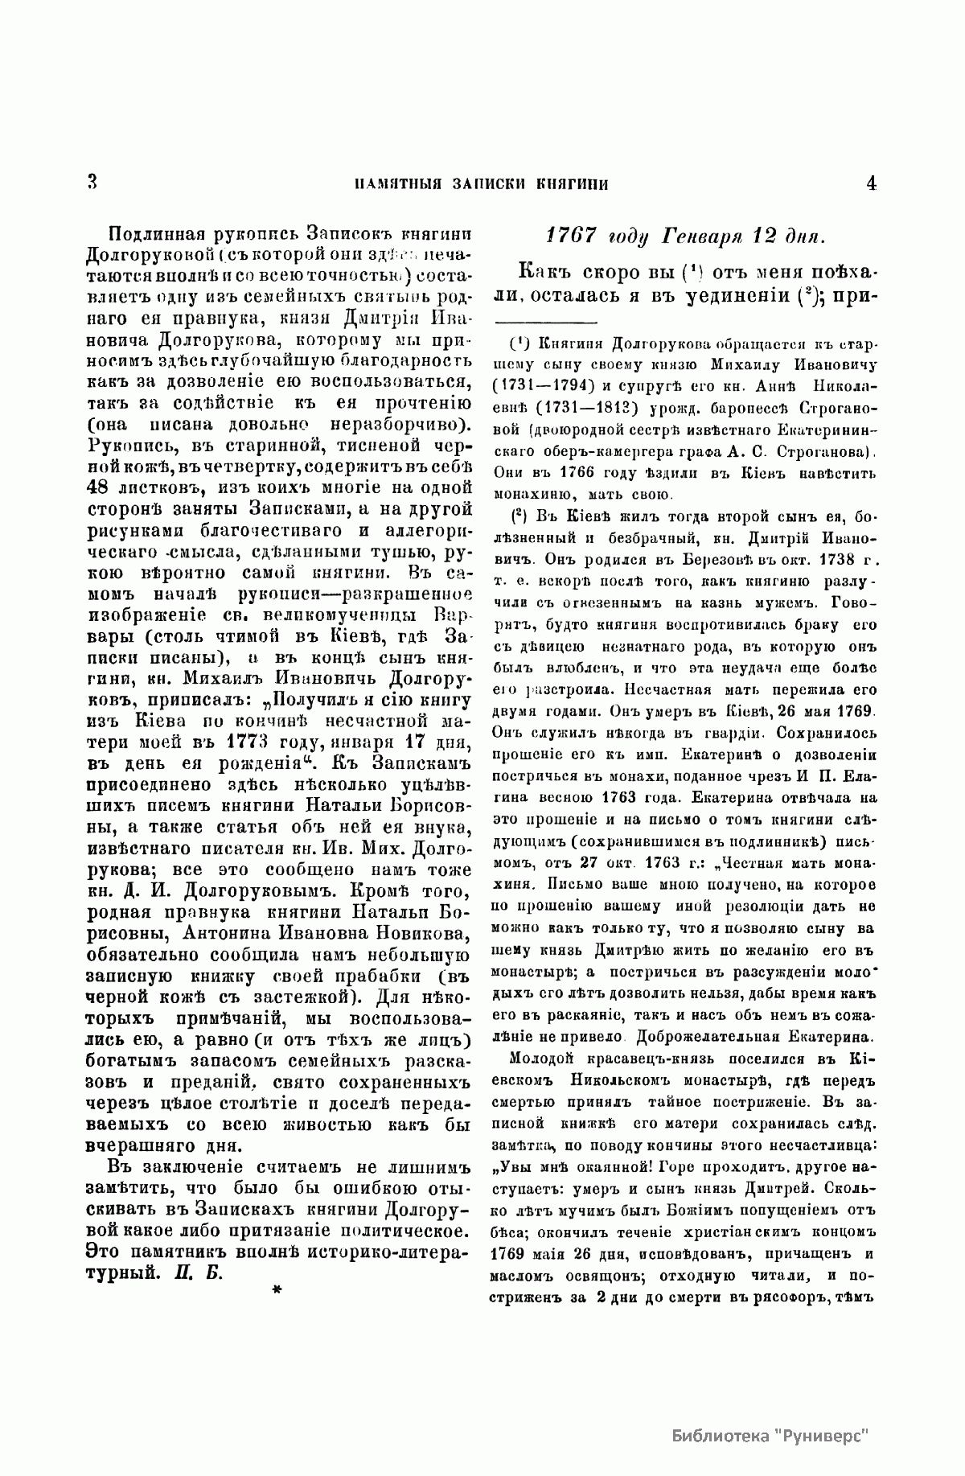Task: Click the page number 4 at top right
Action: click(x=872, y=183)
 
